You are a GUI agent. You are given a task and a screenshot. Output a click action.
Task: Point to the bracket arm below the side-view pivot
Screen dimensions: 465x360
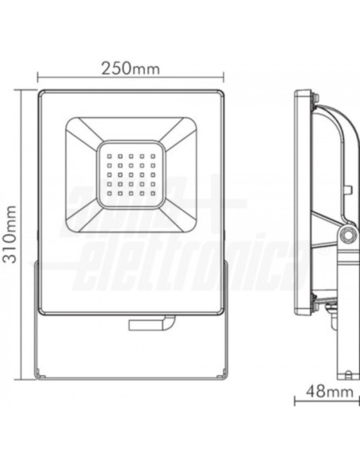click(345, 318)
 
